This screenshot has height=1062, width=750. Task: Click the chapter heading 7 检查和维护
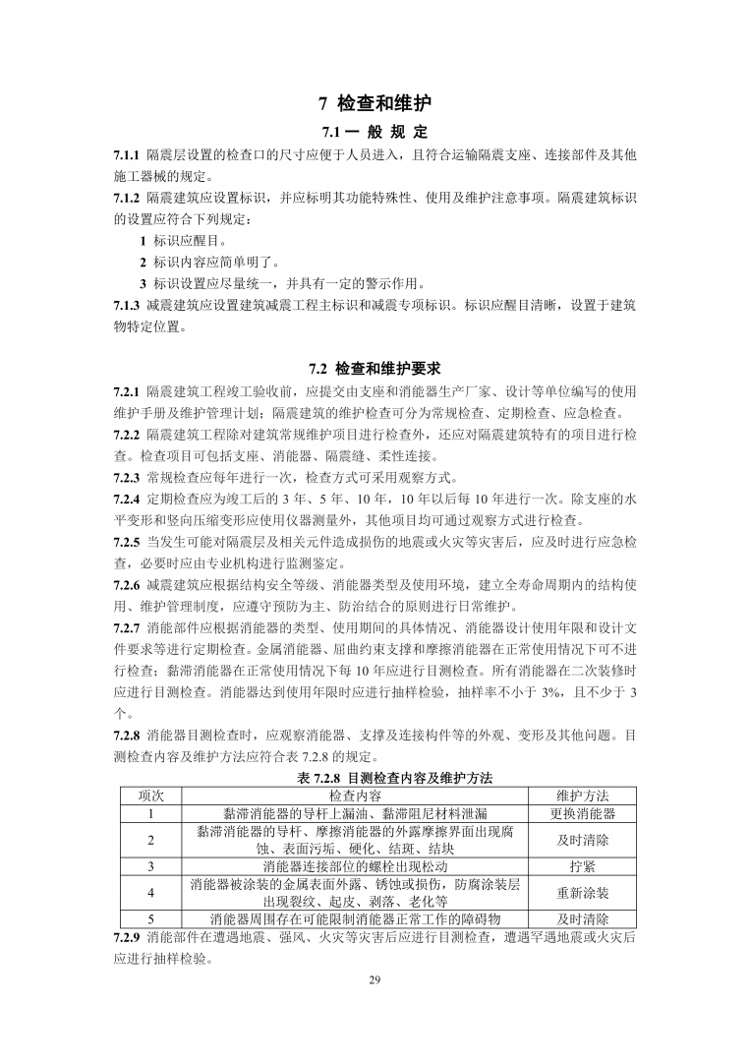click(375, 103)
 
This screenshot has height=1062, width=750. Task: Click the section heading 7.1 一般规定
click(375, 133)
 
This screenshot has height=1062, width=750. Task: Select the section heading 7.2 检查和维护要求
click(375, 369)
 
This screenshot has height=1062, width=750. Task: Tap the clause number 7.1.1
click(127, 155)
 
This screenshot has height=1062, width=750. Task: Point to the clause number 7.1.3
click(127, 305)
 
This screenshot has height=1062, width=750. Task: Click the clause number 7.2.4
click(127, 499)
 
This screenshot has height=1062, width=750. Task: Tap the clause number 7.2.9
click(127, 937)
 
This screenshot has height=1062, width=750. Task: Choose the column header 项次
click(151, 795)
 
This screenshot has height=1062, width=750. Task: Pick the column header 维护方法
click(582, 795)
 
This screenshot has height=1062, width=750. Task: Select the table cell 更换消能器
click(582, 813)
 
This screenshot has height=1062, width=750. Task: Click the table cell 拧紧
click(582, 866)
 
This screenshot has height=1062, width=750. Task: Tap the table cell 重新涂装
click(582, 893)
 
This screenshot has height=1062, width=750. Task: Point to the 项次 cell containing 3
click(151, 866)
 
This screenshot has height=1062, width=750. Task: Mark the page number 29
click(375, 980)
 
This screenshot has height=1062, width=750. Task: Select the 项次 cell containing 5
click(151, 919)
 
